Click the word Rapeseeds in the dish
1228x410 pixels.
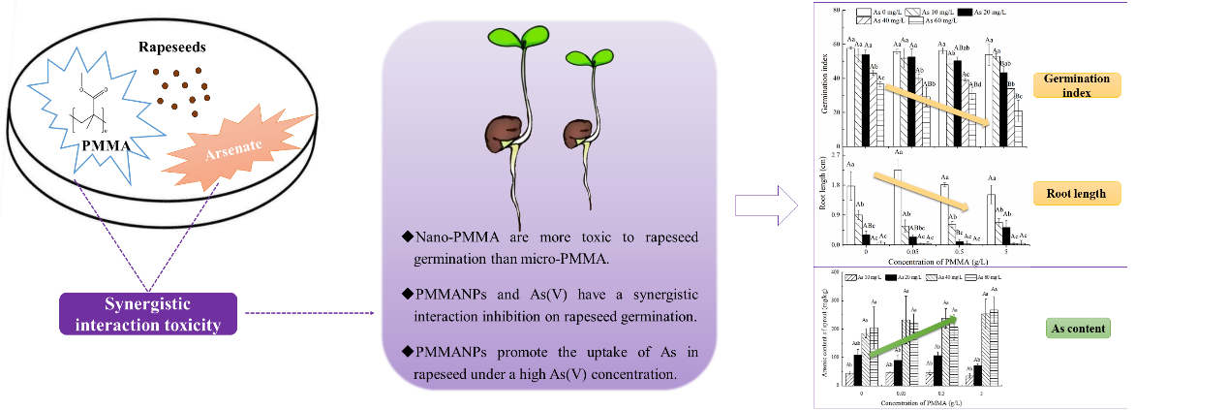[x=172, y=47]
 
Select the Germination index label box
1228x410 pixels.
[x=1075, y=85]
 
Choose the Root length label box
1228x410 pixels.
[x=1075, y=194]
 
